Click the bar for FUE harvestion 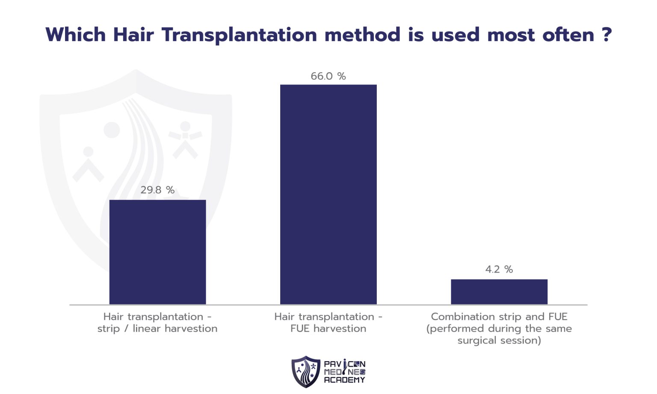[328, 194]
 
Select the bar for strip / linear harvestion [157, 252]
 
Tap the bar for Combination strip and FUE [499, 292]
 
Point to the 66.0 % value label [328, 76]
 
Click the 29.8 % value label [157, 190]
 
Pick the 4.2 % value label [499, 269]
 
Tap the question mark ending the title [606, 35]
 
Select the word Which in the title [75, 35]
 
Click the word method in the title [362, 35]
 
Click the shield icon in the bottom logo [305, 372]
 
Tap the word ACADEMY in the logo [344, 380]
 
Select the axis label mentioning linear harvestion [157, 329]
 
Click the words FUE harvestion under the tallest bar [328, 329]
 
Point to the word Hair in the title [133, 35]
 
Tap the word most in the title [511, 35]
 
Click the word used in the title [455, 35]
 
